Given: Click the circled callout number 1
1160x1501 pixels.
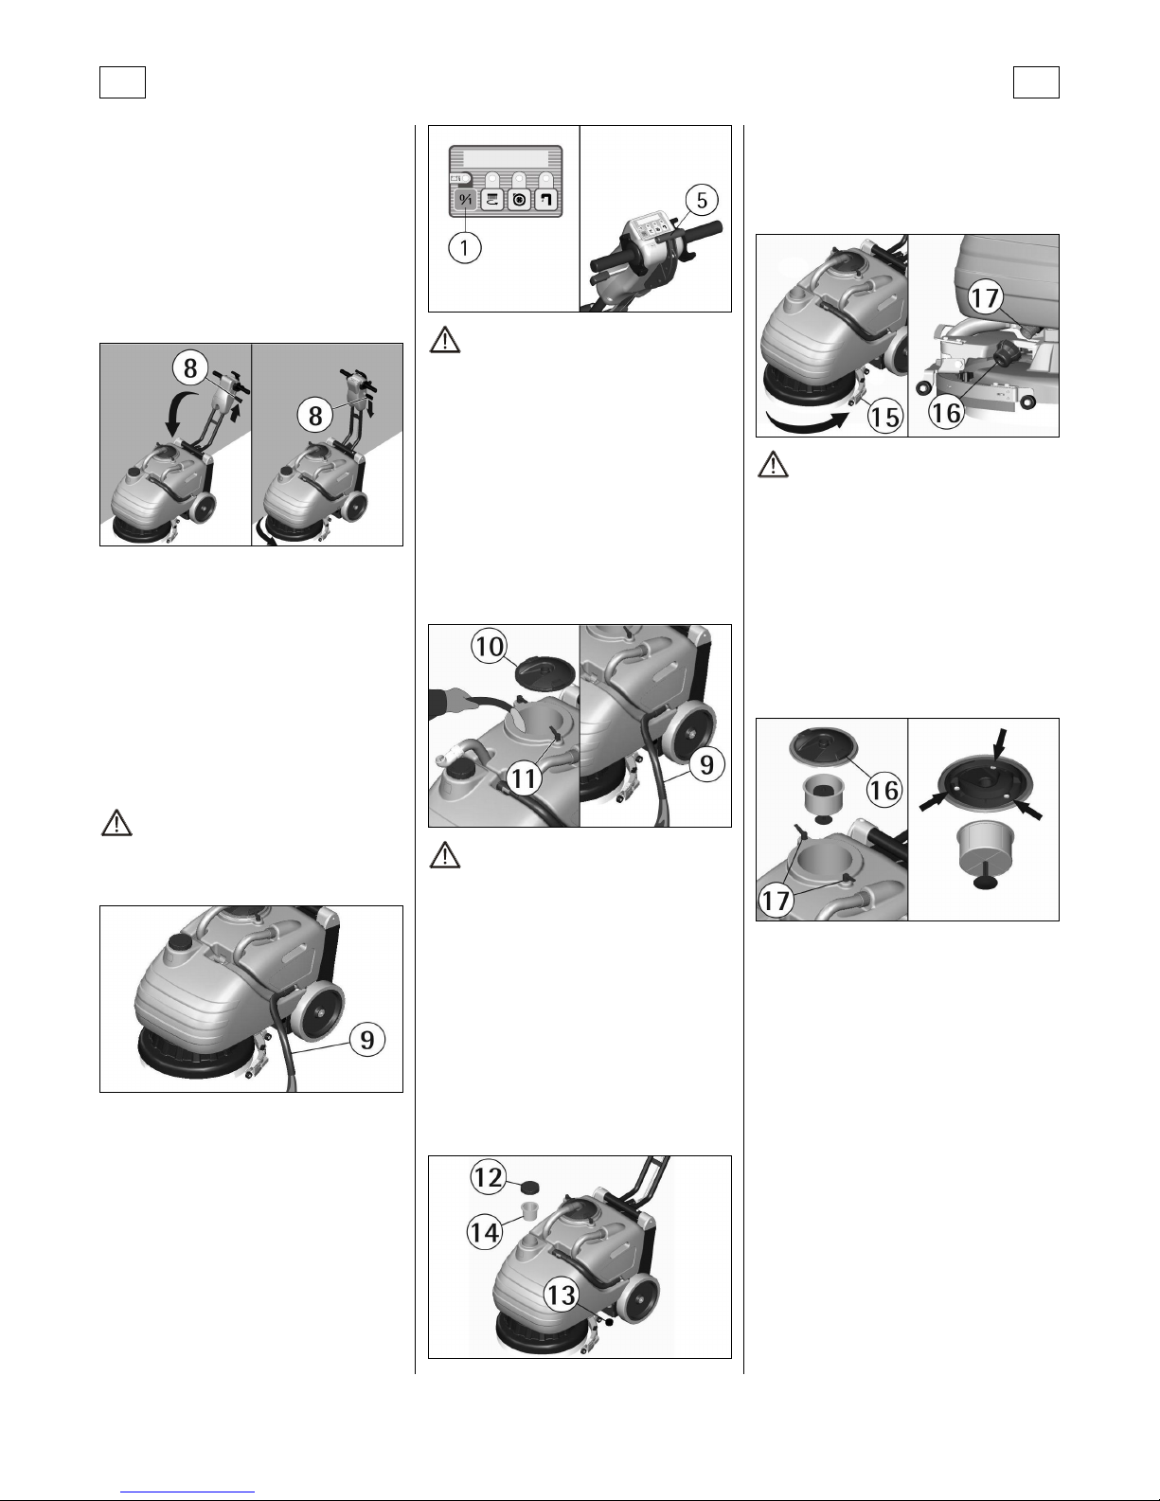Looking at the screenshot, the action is [x=465, y=247].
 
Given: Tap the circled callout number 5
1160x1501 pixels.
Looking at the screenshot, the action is [x=702, y=201].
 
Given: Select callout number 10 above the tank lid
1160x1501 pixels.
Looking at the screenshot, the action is [x=490, y=647].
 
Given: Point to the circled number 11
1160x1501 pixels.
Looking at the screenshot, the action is [x=523, y=778].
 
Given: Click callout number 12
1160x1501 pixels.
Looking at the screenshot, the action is [x=489, y=1177].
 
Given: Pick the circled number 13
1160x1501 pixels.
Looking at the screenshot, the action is [x=562, y=1294].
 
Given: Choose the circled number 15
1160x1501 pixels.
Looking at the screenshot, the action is [x=885, y=417].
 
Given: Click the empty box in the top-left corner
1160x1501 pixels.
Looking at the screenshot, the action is [x=122, y=82].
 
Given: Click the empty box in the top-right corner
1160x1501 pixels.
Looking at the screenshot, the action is [x=1036, y=82].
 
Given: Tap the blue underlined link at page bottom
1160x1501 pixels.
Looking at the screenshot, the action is [x=187, y=1492].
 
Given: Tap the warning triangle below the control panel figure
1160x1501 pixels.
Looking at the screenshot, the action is [x=445, y=341].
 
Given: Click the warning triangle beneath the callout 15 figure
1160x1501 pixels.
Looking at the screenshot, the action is [x=773, y=465].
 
